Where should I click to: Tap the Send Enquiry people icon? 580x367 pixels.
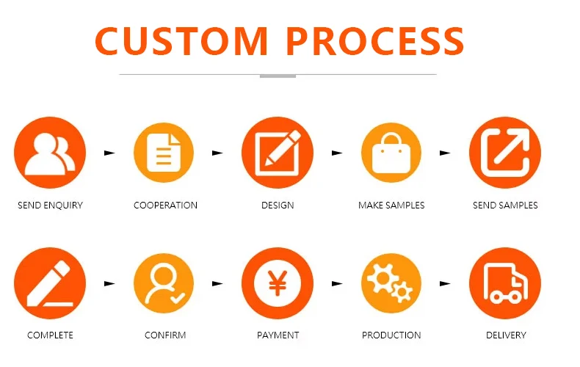click(x=50, y=153)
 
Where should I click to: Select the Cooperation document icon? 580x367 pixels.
click(x=163, y=153)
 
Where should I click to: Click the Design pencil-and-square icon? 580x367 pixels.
click(x=278, y=153)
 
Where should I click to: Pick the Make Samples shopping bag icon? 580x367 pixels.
click(x=391, y=153)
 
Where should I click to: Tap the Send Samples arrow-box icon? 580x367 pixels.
click(x=505, y=153)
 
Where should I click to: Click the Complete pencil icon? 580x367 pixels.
click(x=50, y=283)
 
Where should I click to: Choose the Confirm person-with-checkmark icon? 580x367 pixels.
click(x=163, y=283)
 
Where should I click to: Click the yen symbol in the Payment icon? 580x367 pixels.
click(x=278, y=283)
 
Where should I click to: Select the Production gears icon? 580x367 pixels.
click(x=391, y=283)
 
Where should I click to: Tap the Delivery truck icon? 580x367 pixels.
click(x=505, y=283)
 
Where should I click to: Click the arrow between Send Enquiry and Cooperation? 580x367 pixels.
click(x=110, y=153)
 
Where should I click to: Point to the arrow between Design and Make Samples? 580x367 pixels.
click(x=337, y=153)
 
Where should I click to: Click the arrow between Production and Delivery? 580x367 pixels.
click(x=445, y=283)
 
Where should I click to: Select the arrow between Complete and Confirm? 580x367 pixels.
click(x=110, y=283)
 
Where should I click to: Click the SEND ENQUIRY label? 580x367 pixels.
click(x=50, y=206)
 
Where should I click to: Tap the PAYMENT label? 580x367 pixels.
click(x=278, y=335)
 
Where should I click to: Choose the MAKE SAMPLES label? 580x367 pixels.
click(x=391, y=206)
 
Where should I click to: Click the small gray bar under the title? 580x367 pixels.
click(x=278, y=76)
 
